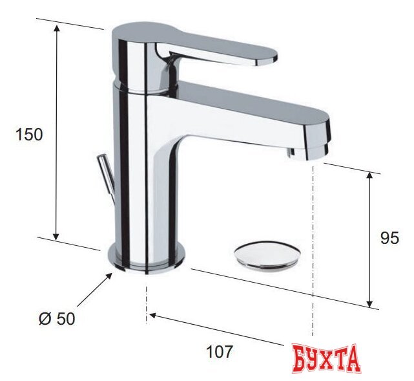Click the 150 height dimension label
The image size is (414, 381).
pos(29,135)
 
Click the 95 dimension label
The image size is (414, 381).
pos(389,238)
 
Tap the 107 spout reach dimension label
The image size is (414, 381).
pos(220,352)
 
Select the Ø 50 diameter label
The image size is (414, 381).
pos(57,319)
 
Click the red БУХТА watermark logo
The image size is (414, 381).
pos(327,358)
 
